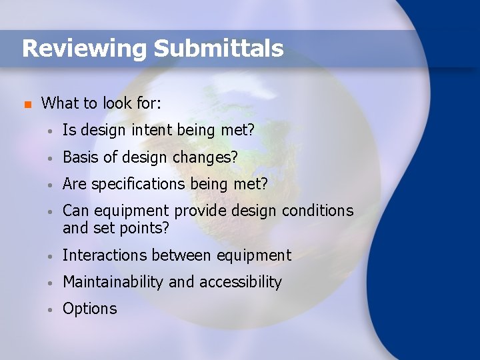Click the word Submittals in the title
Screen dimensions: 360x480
[x=219, y=48]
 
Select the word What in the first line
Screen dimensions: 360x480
[x=60, y=103]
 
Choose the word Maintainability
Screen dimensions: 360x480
[x=113, y=282]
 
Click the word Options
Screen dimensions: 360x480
[x=89, y=309]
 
